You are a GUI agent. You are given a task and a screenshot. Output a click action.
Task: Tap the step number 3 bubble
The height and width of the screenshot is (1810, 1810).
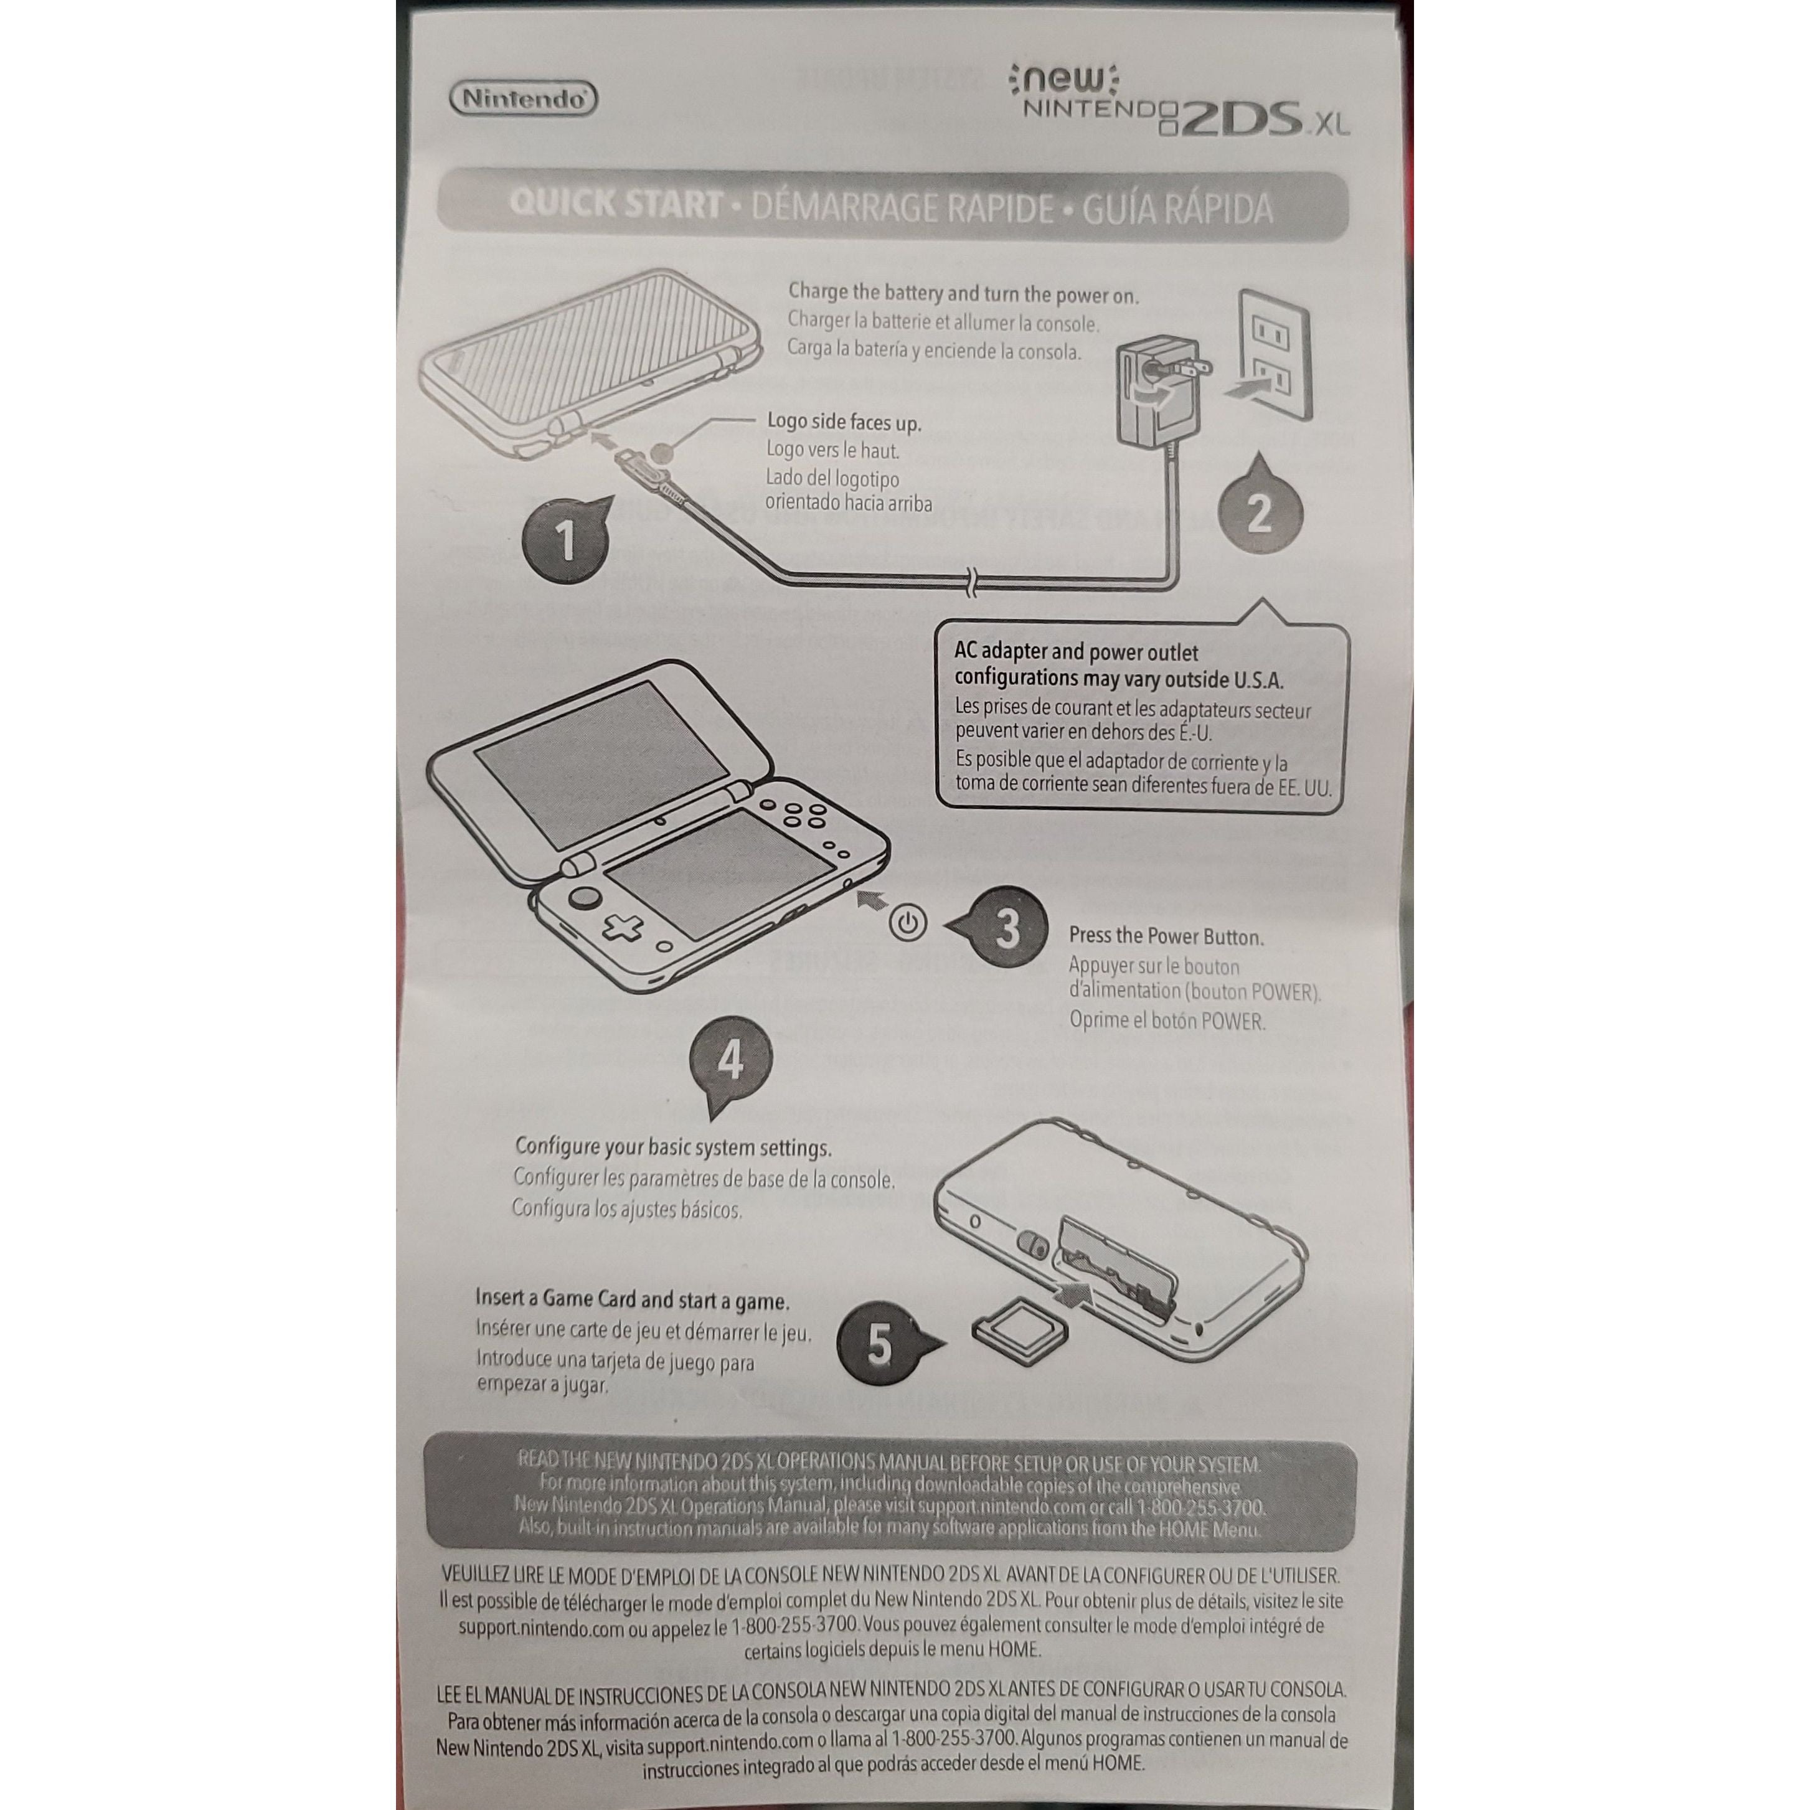1005,928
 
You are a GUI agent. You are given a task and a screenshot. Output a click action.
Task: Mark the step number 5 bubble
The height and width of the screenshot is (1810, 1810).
879,1346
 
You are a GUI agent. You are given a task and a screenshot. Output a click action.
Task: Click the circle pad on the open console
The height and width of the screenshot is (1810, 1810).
587,897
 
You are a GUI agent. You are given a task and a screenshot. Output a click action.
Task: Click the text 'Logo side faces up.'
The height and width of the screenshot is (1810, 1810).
843,423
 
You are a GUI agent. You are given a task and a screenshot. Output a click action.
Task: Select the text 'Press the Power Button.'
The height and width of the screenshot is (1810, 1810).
1166,936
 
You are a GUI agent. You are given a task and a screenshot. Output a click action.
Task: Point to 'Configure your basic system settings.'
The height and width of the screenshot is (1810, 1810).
672,1148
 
